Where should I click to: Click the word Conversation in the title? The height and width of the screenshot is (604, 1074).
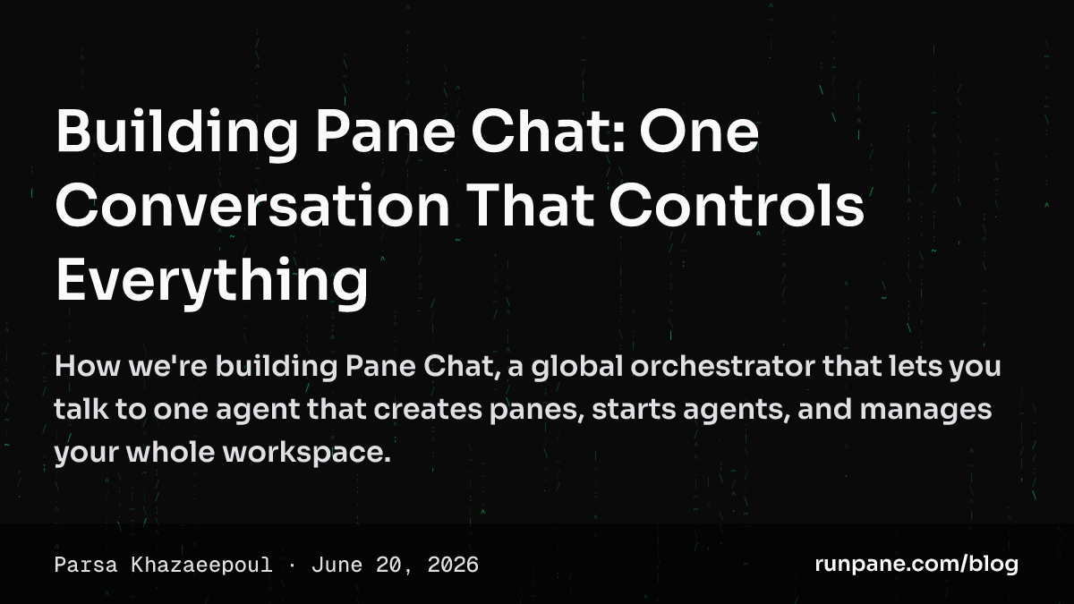coord(252,206)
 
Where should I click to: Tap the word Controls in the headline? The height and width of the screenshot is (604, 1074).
coord(737,205)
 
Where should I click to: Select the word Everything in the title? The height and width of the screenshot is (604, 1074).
coord(212,281)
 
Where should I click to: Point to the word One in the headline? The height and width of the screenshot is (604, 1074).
coord(699,132)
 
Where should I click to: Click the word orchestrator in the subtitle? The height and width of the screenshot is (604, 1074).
coord(722,366)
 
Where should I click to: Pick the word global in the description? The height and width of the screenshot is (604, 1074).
coord(576,367)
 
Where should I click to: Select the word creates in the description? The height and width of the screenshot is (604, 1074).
coord(428,411)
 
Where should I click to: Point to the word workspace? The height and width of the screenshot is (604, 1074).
coord(306,453)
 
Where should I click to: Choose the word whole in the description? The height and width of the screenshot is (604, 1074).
coord(170,452)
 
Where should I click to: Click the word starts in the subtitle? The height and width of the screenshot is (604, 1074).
coord(634,411)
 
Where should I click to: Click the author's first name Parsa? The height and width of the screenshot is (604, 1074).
coord(86,566)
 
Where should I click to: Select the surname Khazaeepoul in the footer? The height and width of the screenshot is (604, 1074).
coord(202,566)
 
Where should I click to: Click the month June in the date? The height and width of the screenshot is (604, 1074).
coord(337,566)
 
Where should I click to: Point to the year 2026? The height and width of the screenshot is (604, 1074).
coord(453,566)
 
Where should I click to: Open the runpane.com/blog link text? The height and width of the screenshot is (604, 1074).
coord(916,565)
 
